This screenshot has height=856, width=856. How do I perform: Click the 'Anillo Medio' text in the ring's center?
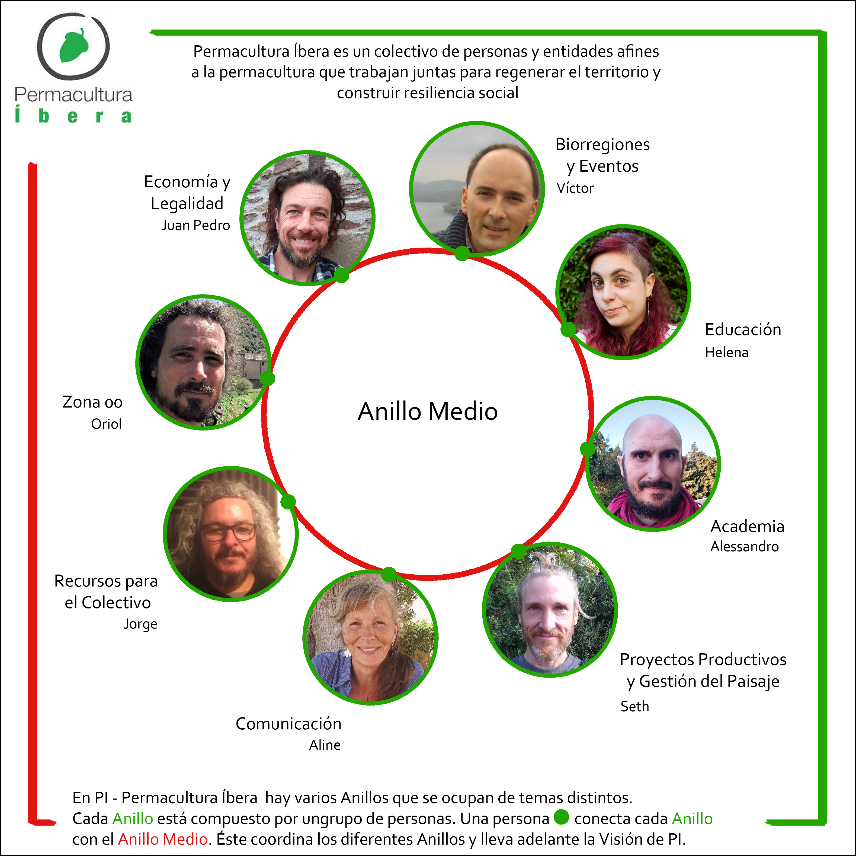[x=428, y=411]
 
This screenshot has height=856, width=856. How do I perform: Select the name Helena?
[x=727, y=353]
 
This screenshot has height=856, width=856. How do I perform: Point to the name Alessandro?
[x=744, y=547]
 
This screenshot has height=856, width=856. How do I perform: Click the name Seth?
[x=634, y=706]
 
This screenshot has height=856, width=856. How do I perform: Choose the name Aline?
[x=325, y=745]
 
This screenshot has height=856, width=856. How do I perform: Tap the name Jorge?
[x=140, y=624]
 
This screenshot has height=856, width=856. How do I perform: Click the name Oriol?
[x=106, y=424]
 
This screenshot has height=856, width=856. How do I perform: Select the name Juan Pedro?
[x=195, y=226]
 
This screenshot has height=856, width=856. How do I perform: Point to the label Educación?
[x=743, y=330]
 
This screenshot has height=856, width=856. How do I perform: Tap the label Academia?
[x=748, y=526]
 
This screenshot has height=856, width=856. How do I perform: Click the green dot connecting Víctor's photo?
[x=462, y=254]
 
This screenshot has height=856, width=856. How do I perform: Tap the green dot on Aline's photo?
[x=389, y=575]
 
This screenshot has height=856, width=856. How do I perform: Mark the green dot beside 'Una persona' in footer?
[x=561, y=817]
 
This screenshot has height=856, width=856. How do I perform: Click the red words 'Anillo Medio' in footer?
[x=163, y=839]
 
